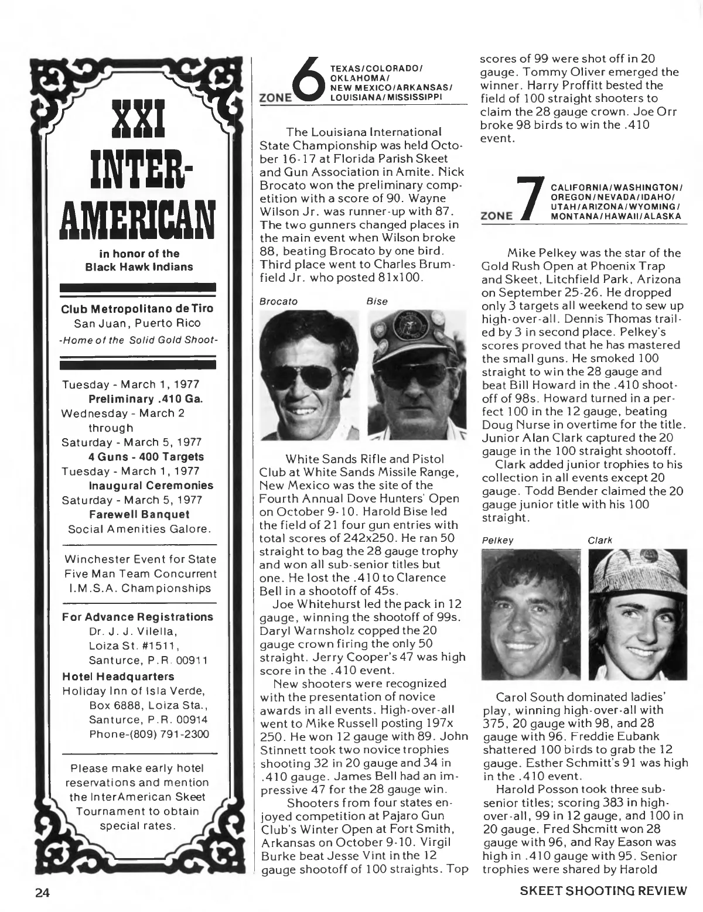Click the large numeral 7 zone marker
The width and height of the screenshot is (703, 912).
click(x=530, y=199)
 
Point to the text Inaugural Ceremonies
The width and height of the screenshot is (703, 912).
click(x=151, y=486)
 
